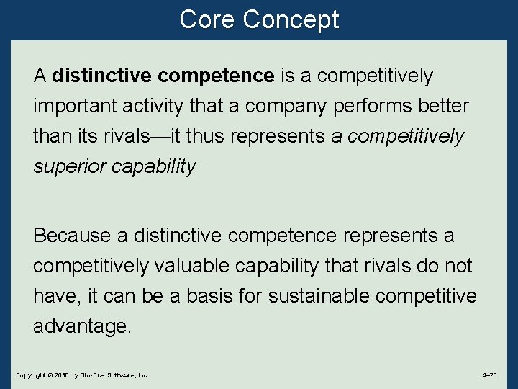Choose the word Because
coord(70,236)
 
